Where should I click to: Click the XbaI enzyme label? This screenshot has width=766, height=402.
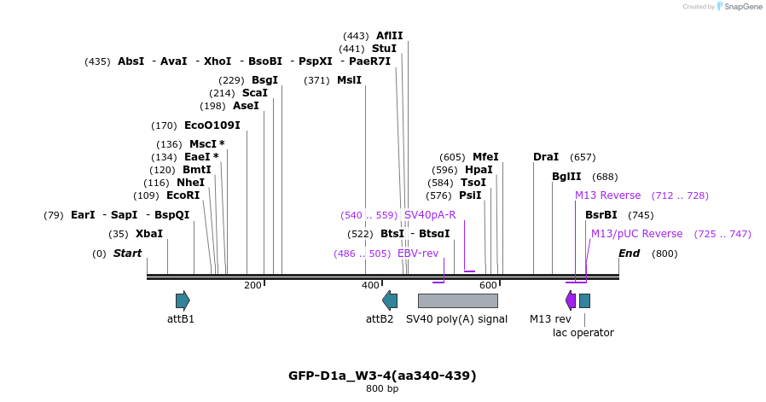pyautogui.click(x=148, y=234)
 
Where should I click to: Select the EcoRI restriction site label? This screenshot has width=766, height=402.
pyautogui.click(x=183, y=195)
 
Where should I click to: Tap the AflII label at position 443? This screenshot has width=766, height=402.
pyautogui.click(x=389, y=36)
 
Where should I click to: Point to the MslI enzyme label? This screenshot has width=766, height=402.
pyautogui.click(x=349, y=80)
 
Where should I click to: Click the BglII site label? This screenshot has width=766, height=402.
pyautogui.click(x=566, y=177)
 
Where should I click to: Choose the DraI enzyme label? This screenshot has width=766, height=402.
pyautogui.click(x=545, y=157)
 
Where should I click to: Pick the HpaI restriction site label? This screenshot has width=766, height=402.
pyautogui.click(x=479, y=170)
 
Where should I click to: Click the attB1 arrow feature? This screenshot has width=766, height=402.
pyautogui.click(x=183, y=300)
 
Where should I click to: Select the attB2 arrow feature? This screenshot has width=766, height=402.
pyautogui.click(x=390, y=300)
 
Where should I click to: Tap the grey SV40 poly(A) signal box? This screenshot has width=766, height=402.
pyautogui.click(x=457, y=300)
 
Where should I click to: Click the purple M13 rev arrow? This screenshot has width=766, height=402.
pyautogui.click(x=570, y=300)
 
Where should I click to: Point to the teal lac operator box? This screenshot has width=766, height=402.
pyautogui.click(x=584, y=300)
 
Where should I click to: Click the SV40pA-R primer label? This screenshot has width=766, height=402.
pyautogui.click(x=430, y=215)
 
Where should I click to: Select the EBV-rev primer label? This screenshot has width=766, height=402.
pyautogui.click(x=418, y=253)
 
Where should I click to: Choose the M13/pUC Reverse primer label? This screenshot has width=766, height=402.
pyautogui.click(x=636, y=234)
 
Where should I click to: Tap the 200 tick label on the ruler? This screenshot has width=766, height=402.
pyautogui.click(x=252, y=285)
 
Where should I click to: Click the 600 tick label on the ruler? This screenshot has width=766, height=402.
pyautogui.click(x=488, y=285)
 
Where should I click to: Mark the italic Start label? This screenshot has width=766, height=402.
pyautogui.click(x=127, y=253)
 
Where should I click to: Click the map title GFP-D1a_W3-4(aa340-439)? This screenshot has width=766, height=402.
pyautogui.click(x=382, y=376)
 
